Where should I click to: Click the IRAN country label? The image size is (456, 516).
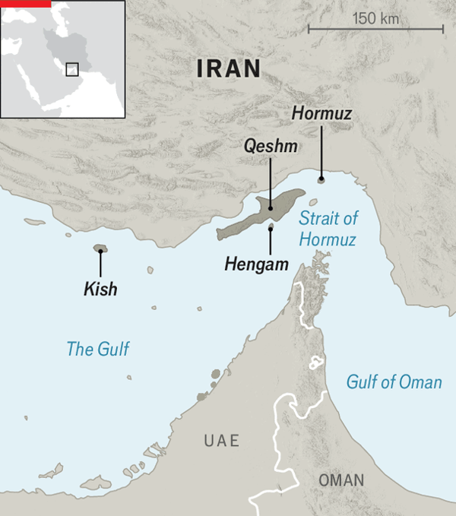(x=228, y=69)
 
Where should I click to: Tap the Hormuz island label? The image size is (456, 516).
(x=321, y=113)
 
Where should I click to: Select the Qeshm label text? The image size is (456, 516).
(x=271, y=146)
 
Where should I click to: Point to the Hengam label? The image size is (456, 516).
(x=257, y=265)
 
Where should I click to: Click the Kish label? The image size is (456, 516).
(x=100, y=290)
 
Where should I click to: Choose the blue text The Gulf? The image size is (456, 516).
(x=98, y=350)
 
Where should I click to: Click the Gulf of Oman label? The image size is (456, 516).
(x=394, y=381)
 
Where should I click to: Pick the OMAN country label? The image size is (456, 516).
(x=341, y=480)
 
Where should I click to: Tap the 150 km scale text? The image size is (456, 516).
(x=376, y=17)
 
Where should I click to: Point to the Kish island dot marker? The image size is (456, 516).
(x=100, y=249)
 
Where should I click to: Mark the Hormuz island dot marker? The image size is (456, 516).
(x=321, y=179)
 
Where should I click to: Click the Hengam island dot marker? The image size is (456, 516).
(x=271, y=227)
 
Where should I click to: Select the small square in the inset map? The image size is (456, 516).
(x=71, y=69)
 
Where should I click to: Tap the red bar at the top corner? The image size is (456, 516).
(x=25, y=3)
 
